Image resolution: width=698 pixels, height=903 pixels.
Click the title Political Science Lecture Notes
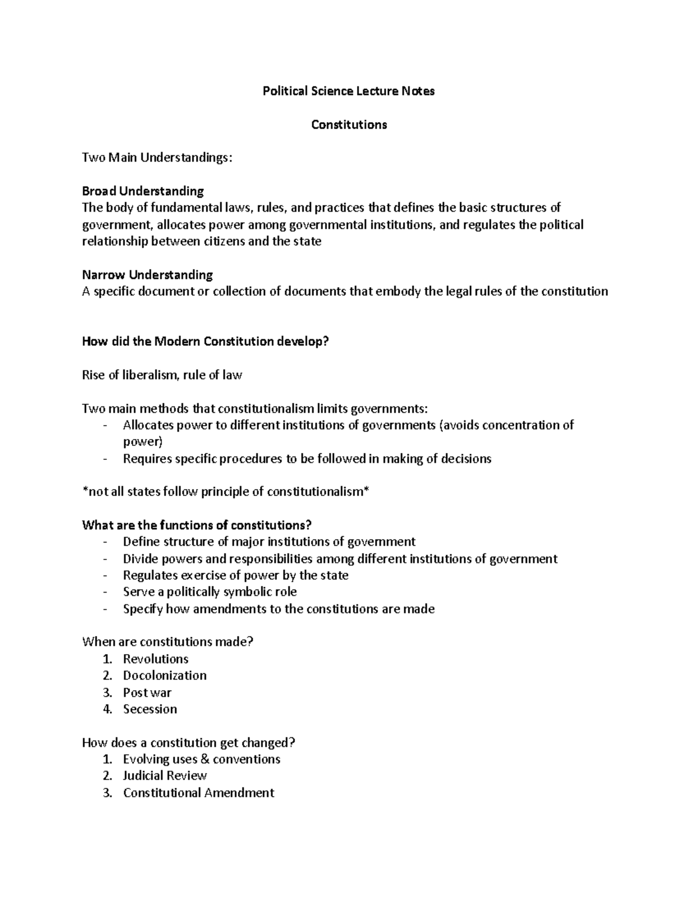point(348,91)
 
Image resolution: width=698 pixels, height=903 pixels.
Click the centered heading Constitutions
point(348,125)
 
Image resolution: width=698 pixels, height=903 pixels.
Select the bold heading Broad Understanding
point(143,191)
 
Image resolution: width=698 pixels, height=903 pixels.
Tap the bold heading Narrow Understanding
point(147,274)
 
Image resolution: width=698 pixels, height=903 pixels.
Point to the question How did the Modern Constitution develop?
point(205,341)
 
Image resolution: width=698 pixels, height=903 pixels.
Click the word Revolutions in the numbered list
point(155,659)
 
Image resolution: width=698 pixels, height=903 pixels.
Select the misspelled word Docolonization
point(165,676)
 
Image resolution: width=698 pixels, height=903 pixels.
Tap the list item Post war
point(147,693)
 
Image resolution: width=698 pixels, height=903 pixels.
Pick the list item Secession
point(149,709)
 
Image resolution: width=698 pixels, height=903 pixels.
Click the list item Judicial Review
point(165,776)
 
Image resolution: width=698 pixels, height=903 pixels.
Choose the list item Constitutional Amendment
point(198,793)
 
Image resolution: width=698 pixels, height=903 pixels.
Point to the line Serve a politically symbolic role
point(209,592)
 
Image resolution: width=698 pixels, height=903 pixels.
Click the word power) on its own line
point(143,442)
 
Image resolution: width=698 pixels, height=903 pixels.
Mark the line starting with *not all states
point(226,492)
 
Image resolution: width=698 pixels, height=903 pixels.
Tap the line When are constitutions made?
point(168,642)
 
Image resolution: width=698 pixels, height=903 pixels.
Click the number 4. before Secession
point(107,709)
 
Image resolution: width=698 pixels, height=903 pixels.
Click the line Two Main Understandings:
point(156,158)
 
